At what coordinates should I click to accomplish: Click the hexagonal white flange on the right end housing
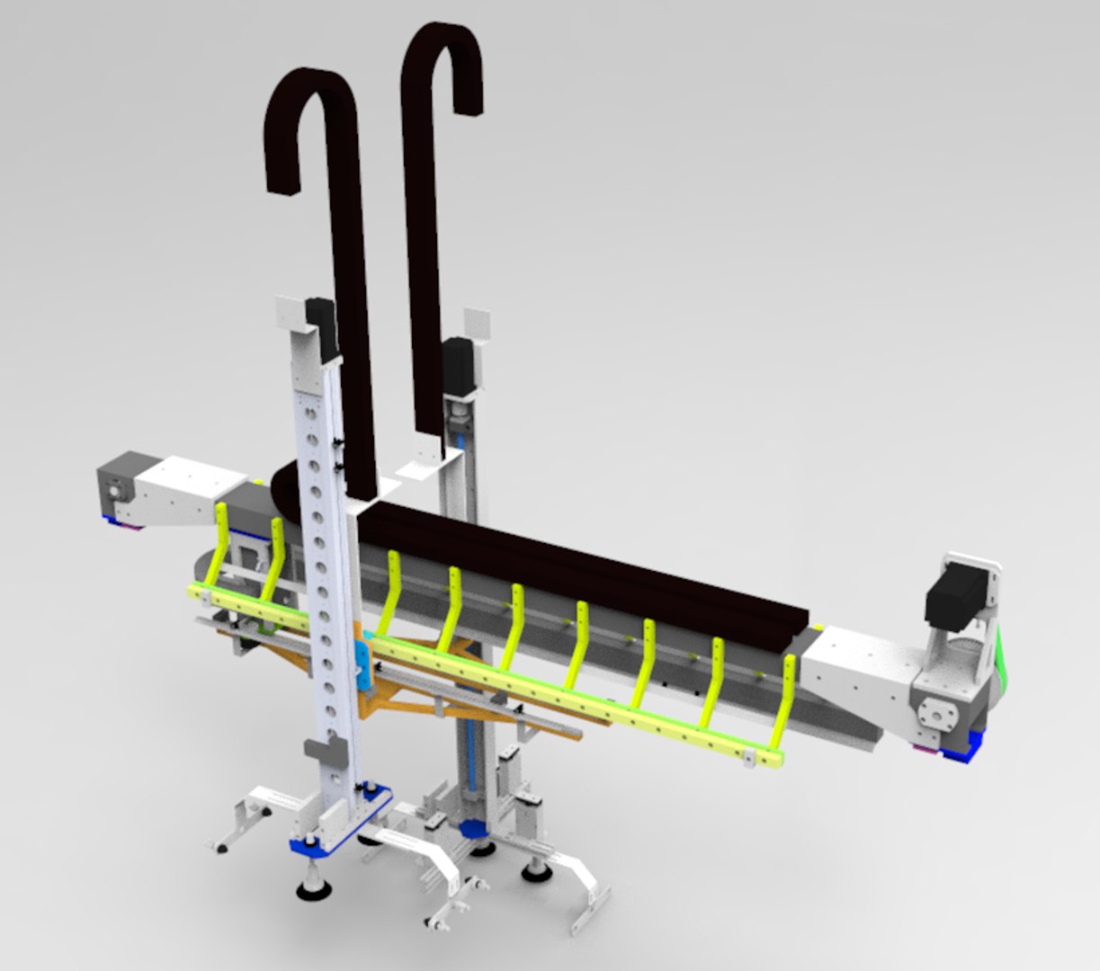coord(939,715)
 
